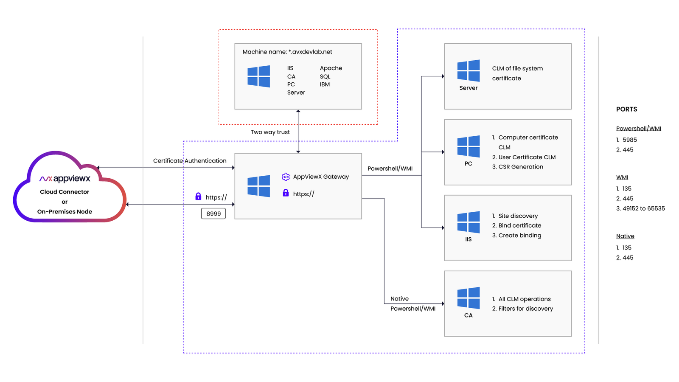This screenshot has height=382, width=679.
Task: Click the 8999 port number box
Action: [213, 213]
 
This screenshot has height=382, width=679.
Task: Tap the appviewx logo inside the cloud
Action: [65, 179]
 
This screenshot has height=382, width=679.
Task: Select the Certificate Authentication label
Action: [190, 161]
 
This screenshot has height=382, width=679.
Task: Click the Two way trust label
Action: [270, 132]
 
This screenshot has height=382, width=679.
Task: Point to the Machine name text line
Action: [287, 52]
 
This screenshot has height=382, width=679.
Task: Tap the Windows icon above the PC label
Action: [469, 146]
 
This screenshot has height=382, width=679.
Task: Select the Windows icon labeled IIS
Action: [469, 222]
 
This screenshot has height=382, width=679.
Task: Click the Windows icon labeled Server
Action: [469, 70]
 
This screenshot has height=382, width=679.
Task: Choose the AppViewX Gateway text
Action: [320, 177]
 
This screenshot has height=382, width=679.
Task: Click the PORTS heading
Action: [626, 109]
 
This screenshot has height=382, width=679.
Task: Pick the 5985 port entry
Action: [629, 140]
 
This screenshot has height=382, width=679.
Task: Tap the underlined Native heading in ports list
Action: [625, 236]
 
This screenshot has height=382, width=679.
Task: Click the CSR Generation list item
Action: [520, 167]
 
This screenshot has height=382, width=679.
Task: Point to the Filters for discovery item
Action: [525, 309]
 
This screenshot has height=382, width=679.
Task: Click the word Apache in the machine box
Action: [331, 68]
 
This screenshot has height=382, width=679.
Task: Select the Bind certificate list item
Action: [519, 225]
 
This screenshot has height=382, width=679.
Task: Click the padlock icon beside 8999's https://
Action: [198, 197]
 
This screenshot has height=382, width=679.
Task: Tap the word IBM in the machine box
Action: [325, 84]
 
